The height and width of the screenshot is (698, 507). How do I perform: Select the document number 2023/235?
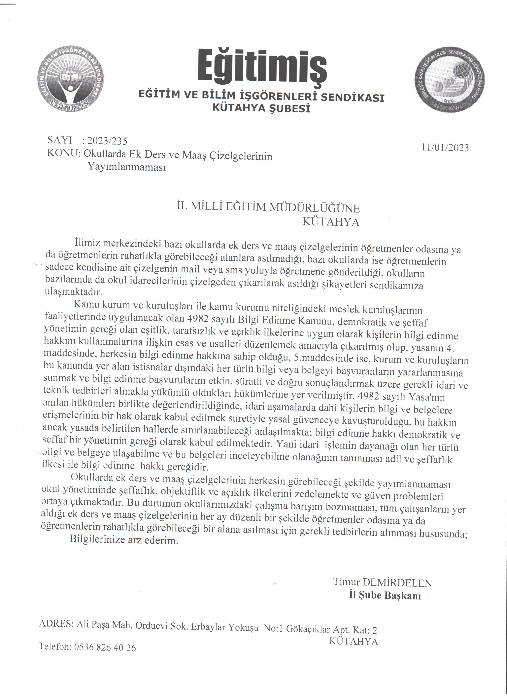tap(107, 141)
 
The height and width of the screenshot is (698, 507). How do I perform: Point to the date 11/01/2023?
tap(445, 148)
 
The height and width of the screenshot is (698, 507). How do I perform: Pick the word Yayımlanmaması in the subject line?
tap(127, 167)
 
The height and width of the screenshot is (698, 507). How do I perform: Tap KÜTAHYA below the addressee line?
tap(331, 222)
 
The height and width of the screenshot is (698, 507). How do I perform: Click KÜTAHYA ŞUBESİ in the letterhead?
tap(261, 108)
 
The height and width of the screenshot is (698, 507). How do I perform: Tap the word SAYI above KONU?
tap(60, 140)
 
